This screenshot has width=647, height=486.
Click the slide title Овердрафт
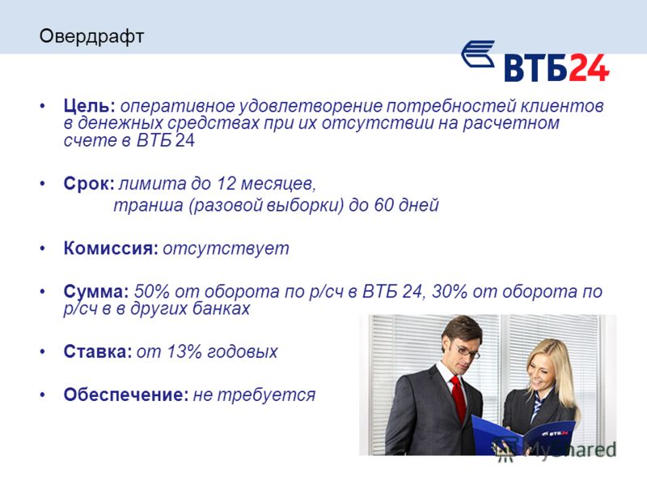coord(91,36)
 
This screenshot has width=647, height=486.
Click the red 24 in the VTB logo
coord(590,68)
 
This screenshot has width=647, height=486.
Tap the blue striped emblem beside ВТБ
coord(478,53)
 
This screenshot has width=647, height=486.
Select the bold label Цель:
coord(90,106)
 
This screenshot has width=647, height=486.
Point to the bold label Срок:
coord(89,184)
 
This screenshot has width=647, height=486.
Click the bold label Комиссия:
coord(111,249)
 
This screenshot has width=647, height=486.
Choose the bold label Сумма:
coord(96,292)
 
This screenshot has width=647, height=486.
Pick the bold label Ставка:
coord(98,352)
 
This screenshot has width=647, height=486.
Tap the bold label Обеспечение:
coord(126,394)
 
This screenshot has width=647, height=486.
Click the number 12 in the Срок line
coord(226,184)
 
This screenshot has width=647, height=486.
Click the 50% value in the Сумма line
coord(152,292)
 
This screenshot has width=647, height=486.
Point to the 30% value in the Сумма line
coord(450,292)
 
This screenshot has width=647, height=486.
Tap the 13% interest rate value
coord(184,352)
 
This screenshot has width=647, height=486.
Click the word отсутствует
coord(226,249)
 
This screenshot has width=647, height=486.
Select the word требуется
coord(267,395)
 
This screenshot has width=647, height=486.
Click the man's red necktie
coord(458,397)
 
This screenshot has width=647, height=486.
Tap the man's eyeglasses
coord(467,350)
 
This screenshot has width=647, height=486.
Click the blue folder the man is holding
coord(522,436)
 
